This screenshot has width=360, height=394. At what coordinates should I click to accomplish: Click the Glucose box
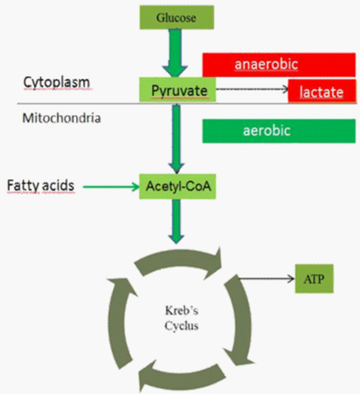click(x=177, y=18)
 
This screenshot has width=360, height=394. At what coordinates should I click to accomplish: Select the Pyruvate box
click(x=177, y=90)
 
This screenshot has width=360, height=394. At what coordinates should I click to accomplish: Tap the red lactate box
click(x=322, y=91)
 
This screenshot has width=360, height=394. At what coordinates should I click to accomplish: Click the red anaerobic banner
click(x=279, y=64)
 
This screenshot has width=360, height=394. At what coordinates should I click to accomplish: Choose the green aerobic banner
click(x=279, y=131)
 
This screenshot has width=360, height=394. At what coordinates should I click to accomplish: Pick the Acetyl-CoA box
click(x=177, y=186)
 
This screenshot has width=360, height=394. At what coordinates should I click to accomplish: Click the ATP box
click(x=314, y=279)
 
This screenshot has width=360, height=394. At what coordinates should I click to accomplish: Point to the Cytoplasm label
click(x=57, y=83)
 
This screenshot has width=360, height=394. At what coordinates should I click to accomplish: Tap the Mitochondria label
click(x=62, y=118)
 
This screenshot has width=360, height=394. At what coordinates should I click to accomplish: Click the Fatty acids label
click(x=41, y=186)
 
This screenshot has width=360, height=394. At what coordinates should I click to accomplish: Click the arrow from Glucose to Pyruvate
click(x=175, y=53)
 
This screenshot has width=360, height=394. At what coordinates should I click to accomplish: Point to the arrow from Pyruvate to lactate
click(x=252, y=89)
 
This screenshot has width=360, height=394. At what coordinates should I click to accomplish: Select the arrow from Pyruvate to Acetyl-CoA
click(x=177, y=139)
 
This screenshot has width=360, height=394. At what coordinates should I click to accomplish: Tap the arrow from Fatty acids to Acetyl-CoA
click(x=112, y=187)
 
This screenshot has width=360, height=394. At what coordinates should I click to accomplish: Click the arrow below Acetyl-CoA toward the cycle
click(x=177, y=222)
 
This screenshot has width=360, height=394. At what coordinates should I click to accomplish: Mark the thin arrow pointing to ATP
click(x=266, y=279)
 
